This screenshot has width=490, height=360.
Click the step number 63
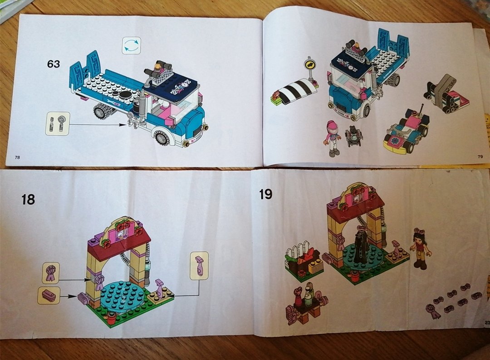coord(53,64)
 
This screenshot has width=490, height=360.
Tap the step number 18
coord(28,199)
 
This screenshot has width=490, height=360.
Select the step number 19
coord(265,194)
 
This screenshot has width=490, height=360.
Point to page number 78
coord(18,157)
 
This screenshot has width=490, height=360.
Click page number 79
coord(480,157)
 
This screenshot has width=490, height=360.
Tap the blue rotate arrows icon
coord(131,46)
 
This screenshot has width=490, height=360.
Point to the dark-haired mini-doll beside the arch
coord(419,248)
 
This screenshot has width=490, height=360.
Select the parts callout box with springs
coord(58,124)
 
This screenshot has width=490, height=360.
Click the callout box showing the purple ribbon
coord(51,273)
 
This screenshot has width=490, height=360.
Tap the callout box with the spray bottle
coord(199,266)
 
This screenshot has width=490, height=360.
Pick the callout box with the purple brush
coord(49,296)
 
